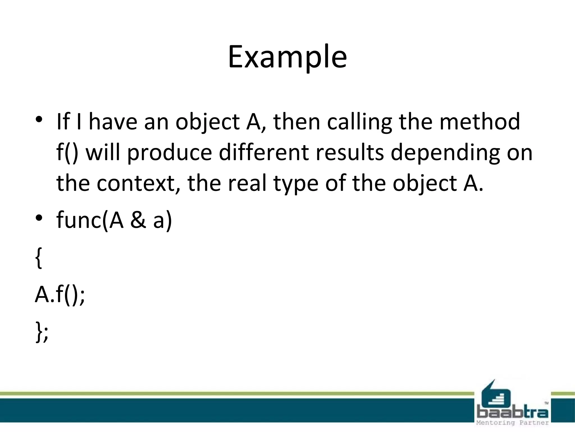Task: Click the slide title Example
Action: click(287, 57)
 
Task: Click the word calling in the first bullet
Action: click(359, 122)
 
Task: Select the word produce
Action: click(169, 153)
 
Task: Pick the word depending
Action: click(445, 153)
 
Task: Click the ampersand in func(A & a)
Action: click(138, 220)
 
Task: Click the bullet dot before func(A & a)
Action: click(39, 218)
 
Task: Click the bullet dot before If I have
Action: click(39, 119)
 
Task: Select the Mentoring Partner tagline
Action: click(512, 423)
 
